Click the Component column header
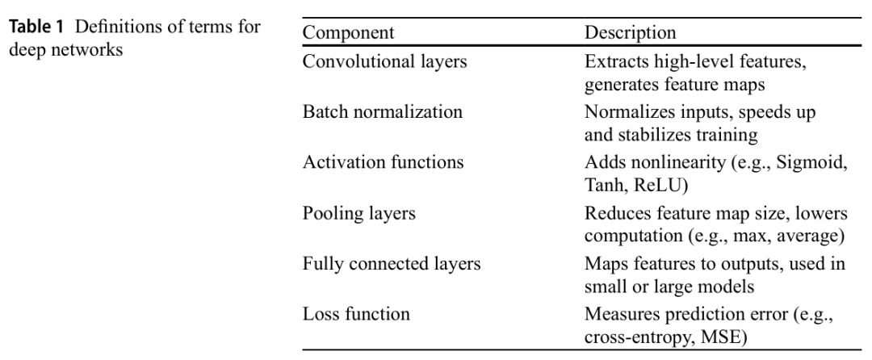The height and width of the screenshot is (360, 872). [348, 34]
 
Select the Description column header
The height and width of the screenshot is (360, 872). [630, 34]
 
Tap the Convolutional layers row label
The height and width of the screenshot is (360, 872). [384, 62]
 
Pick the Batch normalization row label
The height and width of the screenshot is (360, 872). [382, 112]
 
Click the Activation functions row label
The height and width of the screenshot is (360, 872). [383, 162]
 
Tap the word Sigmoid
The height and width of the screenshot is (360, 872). [810, 162]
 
